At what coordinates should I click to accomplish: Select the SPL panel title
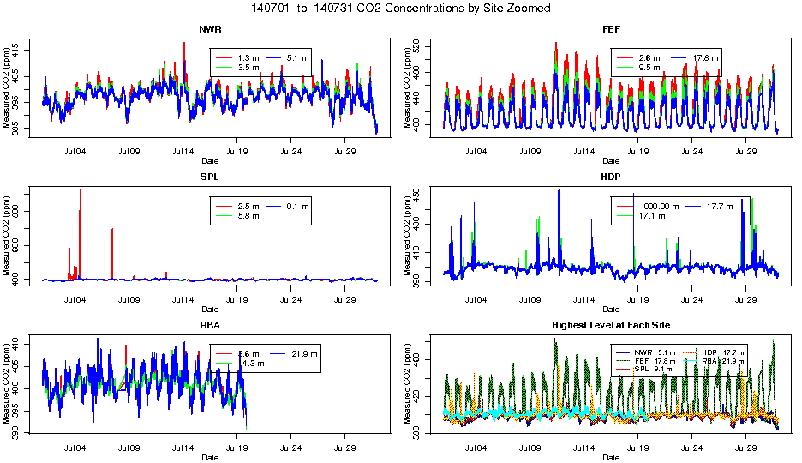coord(209,177)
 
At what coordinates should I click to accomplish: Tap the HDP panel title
coord(610,177)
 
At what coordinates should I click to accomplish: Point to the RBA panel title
coord(209,325)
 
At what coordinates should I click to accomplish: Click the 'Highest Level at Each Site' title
coord(610,325)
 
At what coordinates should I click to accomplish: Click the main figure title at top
coord(401,8)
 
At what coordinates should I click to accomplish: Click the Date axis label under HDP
coord(610,310)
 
